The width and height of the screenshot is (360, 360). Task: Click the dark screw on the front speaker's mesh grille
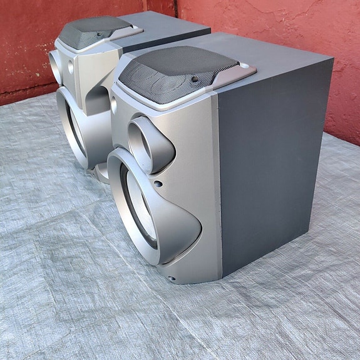click(195, 80)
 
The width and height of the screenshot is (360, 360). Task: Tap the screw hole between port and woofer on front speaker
click(159, 184)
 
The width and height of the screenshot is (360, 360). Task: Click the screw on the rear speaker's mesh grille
click(98, 34)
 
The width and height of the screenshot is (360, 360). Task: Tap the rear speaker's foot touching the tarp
click(101, 173)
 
